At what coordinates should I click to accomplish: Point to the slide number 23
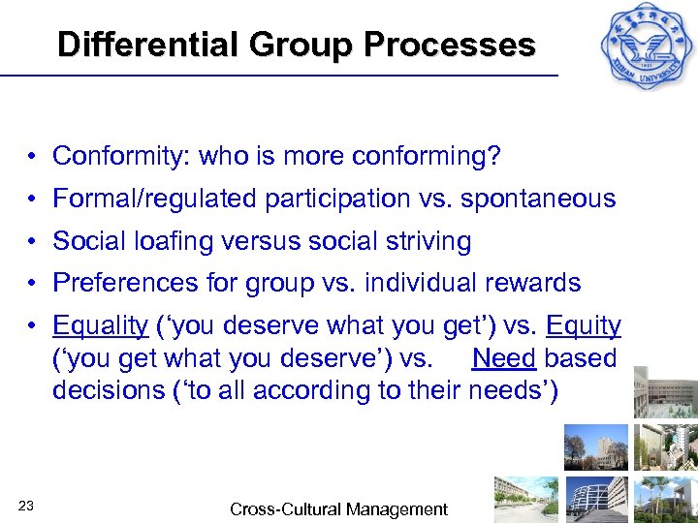26,505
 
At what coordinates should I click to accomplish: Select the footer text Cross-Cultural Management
338,509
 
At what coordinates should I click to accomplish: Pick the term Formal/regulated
149,199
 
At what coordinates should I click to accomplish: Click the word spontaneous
538,199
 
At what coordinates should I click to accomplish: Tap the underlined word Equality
100,326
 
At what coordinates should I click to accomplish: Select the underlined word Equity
583,326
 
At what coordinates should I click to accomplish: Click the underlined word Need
504,358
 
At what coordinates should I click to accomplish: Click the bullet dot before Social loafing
33,242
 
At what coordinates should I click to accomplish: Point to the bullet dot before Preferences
33,284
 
